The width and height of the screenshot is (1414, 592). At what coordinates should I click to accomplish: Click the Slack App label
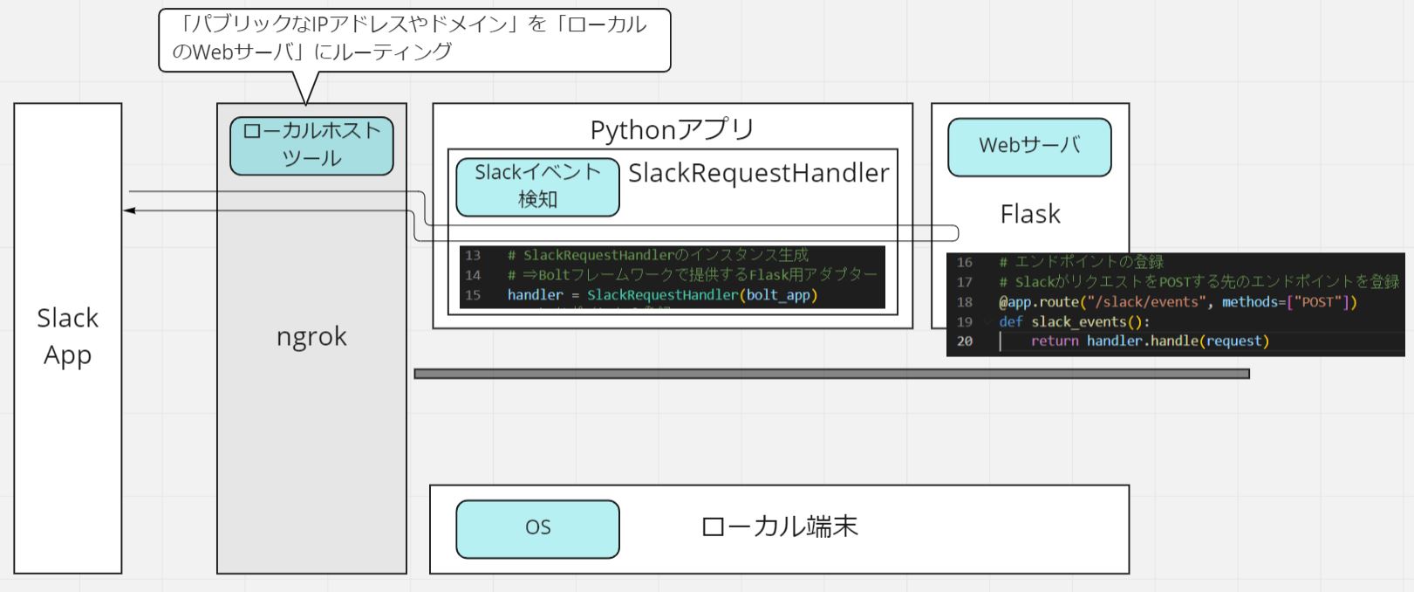pyautogui.click(x=67, y=336)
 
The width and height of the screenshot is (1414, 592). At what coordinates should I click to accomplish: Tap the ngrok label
pyautogui.click(x=311, y=336)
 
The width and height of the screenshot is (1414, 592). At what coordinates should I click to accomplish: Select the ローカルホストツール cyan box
pyautogui.click(x=311, y=145)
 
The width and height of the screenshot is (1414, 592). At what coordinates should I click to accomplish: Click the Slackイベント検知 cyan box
pyautogui.click(x=537, y=186)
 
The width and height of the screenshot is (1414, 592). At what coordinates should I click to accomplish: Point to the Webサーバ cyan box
pyautogui.click(x=1029, y=146)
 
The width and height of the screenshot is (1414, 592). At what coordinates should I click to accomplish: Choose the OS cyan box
pyautogui.click(x=537, y=527)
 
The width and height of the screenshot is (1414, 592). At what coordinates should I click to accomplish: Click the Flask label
pyautogui.click(x=1029, y=214)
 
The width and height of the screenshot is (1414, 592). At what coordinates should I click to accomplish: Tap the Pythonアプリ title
pyautogui.click(x=672, y=129)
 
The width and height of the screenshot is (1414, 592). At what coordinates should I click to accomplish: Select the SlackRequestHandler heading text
pyautogui.click(x=758, y=173)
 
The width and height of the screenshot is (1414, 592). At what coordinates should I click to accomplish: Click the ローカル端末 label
pyautogui.click(x=779, y=527)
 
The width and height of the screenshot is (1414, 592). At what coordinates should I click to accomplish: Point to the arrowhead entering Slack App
pyautogui.click(x=129, y=210)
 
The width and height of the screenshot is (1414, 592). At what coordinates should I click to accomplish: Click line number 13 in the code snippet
pyautogui.click(x=473, y=255)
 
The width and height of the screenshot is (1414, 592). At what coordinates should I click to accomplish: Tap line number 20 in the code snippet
pyautogui.click(x=964, y=341)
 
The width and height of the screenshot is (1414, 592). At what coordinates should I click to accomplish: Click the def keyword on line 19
pyautogui.click(x=1010, y=321)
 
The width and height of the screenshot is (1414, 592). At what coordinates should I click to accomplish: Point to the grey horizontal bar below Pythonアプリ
pyautogui.click(x=831, y=374)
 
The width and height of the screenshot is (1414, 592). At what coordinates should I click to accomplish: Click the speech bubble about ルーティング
pyautogui.click(x=414, y=38)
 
